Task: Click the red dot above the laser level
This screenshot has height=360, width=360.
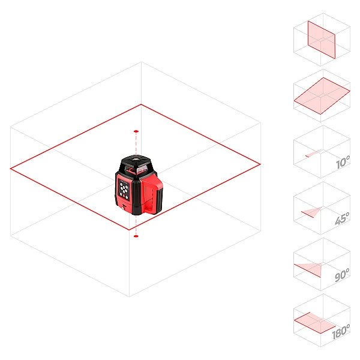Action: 136,131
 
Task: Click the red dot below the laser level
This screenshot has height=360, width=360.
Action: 136,236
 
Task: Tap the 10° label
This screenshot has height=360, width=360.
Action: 343,162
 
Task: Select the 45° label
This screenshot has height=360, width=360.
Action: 342,218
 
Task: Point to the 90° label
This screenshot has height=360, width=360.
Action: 342,275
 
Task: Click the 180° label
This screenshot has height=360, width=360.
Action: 341,331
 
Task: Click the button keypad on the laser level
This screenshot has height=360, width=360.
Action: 124,189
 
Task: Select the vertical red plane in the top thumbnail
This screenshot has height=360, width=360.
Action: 322,40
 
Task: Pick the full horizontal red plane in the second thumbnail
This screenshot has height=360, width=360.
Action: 322,96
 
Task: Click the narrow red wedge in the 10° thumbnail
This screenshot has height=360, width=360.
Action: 313,153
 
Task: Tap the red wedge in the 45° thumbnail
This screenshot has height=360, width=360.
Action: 312,212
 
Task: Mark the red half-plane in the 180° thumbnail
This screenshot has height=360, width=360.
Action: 314,323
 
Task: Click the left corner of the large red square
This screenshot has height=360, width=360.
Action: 10,169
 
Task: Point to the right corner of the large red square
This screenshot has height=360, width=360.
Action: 260,164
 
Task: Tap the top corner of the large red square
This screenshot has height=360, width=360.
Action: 141,104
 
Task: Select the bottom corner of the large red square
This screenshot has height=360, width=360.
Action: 129,230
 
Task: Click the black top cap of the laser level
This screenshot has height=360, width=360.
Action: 136,160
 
